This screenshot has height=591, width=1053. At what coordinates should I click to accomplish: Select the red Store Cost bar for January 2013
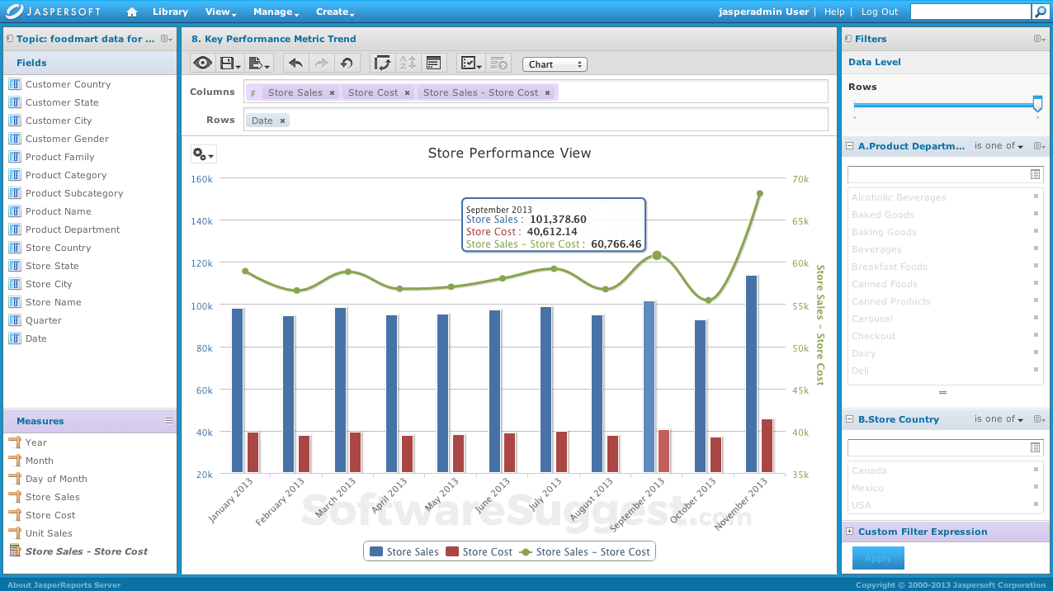click(253, 452)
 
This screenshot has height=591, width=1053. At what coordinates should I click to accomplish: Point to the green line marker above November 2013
click(759, 194)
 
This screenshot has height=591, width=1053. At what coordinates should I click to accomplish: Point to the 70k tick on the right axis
click(800, 179)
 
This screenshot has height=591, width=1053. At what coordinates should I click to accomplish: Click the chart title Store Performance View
click(509, 153)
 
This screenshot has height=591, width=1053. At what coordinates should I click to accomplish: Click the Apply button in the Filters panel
click(877, 559)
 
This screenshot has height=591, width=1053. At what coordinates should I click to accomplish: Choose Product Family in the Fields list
click(59, 157)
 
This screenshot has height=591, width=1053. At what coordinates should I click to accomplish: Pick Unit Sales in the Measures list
click(49, 533)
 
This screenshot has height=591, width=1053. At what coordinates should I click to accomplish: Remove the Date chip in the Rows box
click(282, 121)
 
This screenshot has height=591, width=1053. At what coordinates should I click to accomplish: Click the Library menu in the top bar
click(170, 12)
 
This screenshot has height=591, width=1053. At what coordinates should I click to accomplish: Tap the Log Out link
click(880, 12)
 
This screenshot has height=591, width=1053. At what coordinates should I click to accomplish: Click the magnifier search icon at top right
click(1042, 12)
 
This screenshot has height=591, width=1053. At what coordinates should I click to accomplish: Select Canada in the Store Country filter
click(869, 470)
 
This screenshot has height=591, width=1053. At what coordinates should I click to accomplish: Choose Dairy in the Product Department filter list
click(863, 353)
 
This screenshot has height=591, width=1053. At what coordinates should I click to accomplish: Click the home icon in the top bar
click(132, 12)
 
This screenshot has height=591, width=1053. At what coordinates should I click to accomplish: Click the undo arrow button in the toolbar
click(295, 64)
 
